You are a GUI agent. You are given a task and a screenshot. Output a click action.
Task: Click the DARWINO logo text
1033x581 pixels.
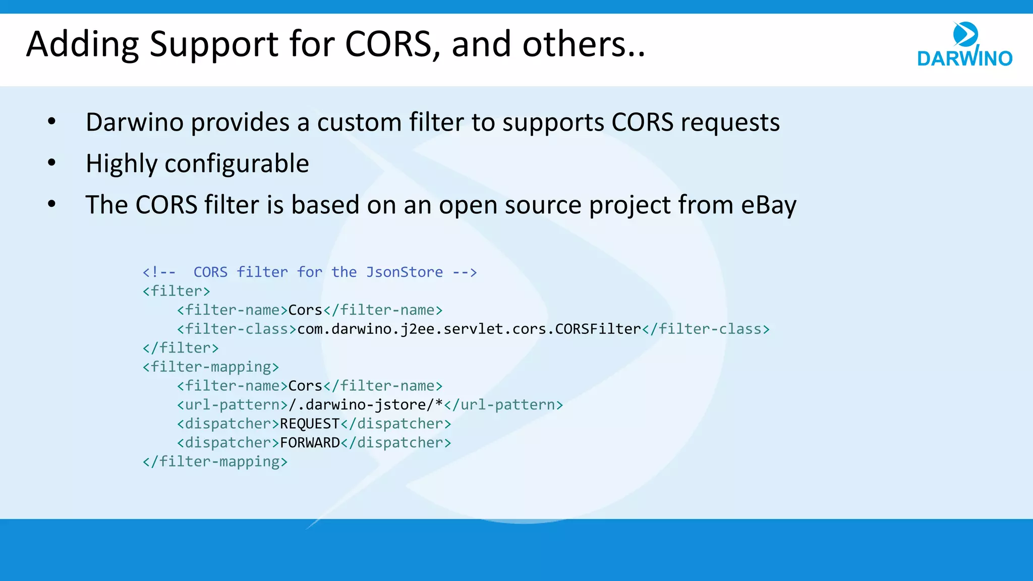[964, 59]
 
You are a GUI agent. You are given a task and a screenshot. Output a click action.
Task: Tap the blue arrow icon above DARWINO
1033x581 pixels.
[965, 34]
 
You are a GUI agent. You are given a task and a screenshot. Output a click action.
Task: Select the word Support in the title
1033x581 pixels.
[213, 44]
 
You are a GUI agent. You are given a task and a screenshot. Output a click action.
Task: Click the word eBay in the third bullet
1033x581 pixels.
[769, 205]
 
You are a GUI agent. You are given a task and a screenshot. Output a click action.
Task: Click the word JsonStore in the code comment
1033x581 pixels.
[404, 272]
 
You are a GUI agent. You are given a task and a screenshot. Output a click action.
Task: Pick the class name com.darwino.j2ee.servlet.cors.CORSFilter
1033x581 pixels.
[469, 329]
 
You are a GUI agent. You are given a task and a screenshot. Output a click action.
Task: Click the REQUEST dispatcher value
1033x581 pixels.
[310, 424]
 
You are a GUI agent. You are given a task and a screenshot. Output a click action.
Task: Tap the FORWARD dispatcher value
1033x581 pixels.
[310, 443]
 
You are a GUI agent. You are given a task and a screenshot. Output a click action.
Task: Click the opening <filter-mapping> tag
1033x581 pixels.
[210, 367]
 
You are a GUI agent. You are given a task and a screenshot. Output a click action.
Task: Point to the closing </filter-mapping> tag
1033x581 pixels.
[215, 462]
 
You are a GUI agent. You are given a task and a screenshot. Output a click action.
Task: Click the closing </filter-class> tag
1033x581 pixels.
[706, 329]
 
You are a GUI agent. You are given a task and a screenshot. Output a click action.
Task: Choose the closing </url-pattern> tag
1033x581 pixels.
[503, 405]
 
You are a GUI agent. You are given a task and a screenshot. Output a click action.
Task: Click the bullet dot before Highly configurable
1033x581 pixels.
[51, 163]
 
